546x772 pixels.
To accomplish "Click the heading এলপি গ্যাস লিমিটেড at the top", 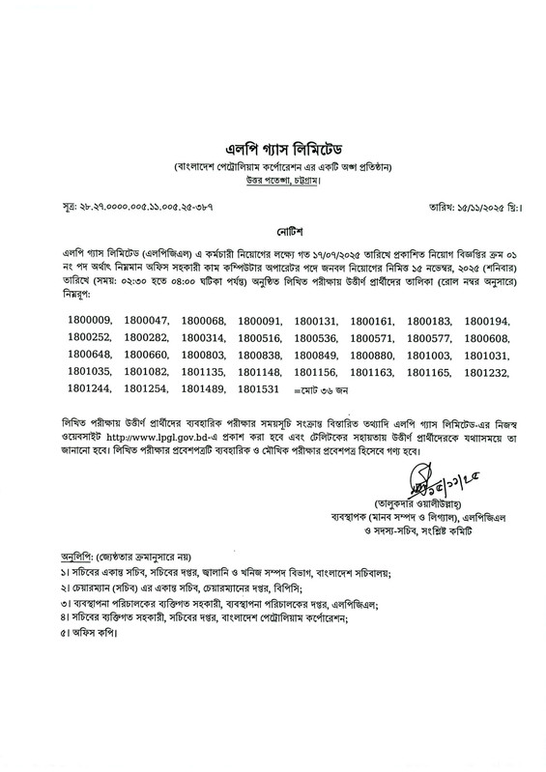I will click(x=273, y=148).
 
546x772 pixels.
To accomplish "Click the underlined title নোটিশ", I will click(x=273, y=233).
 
